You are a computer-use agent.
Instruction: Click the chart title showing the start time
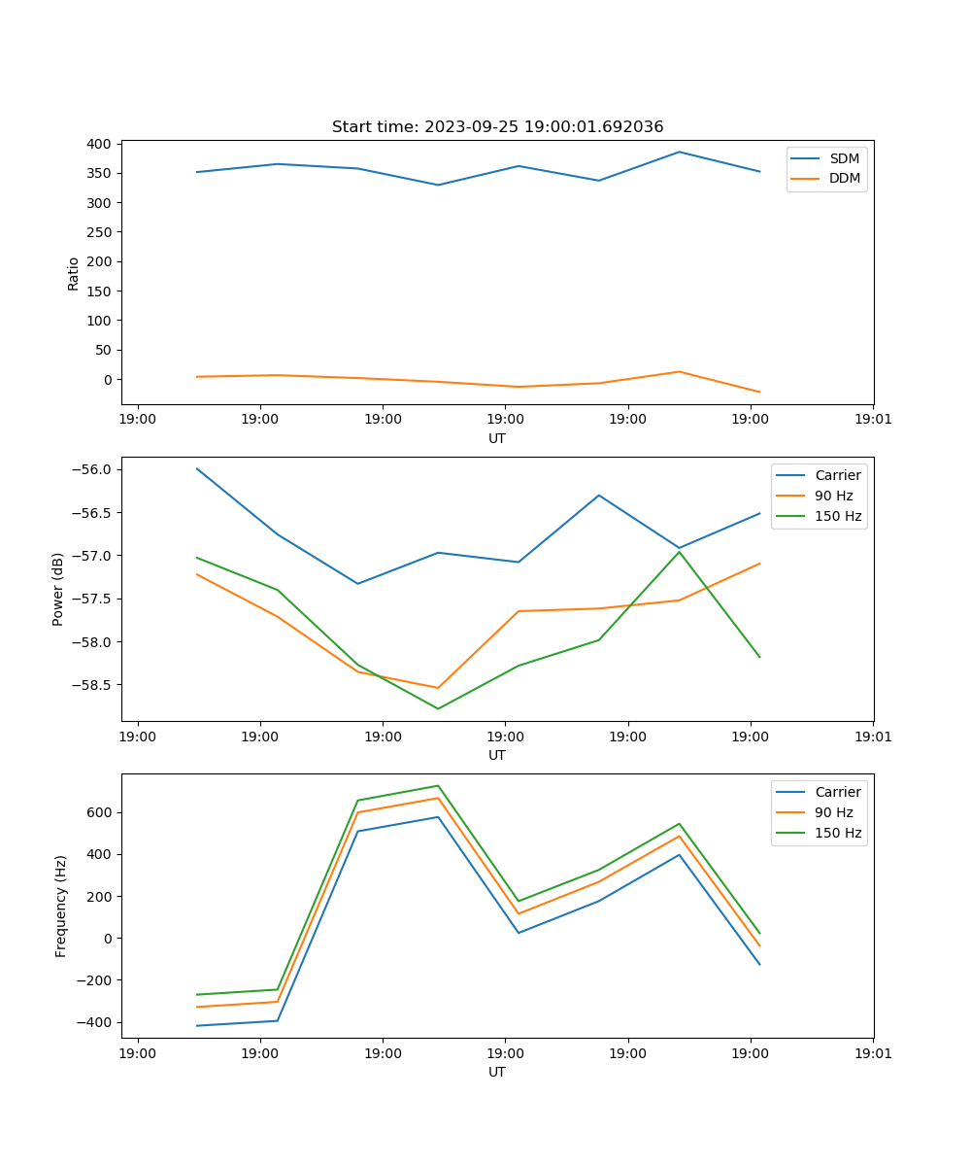coord(497,127)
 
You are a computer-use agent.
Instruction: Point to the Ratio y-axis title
coord(74,273)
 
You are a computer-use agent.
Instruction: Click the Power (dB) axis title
coord(58,589)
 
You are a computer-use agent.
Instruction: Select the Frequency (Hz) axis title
coord(61,906)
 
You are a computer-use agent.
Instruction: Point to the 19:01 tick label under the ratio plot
coord(873,420)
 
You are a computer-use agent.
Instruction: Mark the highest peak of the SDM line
coord(679,152)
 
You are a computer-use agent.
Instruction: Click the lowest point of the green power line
coord(438,708)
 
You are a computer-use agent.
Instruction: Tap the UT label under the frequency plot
coord(497,1072)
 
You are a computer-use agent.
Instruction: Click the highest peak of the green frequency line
coord(438,785)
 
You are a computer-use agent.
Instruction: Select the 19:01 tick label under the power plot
coord(873,737)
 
